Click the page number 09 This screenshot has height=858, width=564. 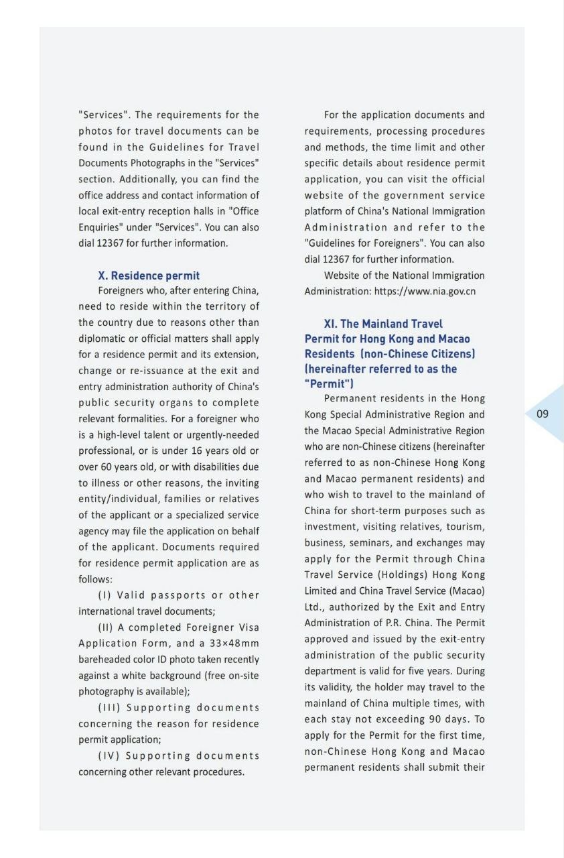(x=543, y=414)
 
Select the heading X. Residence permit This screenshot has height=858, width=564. (x=149, y=275)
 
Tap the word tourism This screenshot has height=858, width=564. (x=468, y=526)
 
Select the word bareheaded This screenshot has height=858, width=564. (x=103, y=660)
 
